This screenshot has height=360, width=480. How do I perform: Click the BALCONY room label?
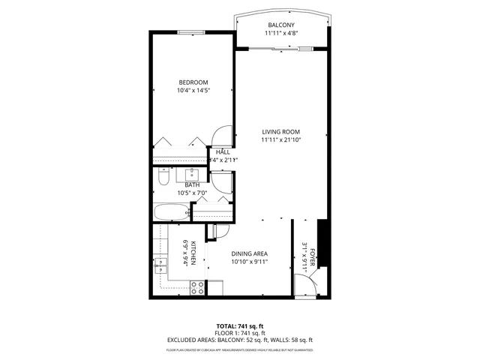[281, 25]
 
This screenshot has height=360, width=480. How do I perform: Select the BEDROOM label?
[193, 82]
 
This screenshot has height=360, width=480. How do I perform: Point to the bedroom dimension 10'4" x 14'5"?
[193, 91]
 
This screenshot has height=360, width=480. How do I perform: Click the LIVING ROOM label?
[281, 131]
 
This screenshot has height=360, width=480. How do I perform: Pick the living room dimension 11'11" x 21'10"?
[281, 140]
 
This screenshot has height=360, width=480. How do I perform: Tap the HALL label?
[223, 152]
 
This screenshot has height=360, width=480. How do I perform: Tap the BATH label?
[192, 185]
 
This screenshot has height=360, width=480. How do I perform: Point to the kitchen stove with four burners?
[198, 286]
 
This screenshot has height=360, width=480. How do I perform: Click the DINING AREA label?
[249, 253]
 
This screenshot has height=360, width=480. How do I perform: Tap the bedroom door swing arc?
[223, 135]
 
